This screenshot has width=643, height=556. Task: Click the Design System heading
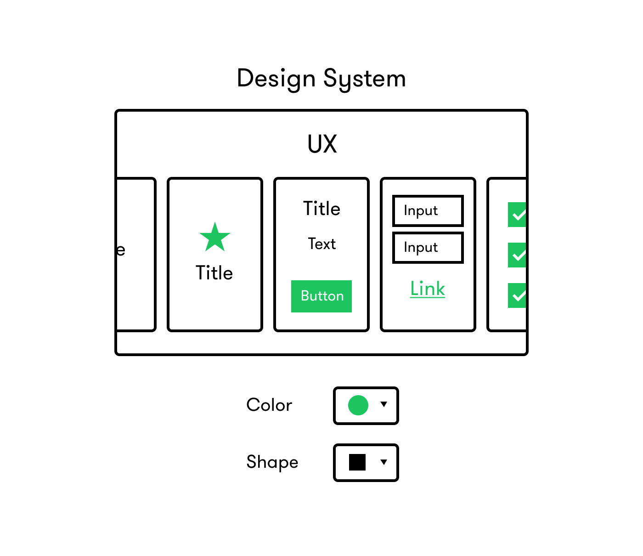321,79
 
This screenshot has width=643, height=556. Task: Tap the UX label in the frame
322,144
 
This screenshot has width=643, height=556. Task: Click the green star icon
215,238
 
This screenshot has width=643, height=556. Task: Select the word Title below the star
214,273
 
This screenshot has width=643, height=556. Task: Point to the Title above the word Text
321,209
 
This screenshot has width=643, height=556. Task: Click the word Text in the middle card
321,244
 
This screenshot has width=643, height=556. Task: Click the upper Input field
428,211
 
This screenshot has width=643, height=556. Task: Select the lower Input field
428,248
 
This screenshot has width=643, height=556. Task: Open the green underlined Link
428,289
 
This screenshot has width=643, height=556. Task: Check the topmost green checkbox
517,215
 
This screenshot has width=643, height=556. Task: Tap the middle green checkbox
517,255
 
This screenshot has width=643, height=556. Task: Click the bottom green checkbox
517,295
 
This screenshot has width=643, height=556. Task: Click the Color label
269,405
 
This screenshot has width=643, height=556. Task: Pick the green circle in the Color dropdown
358,405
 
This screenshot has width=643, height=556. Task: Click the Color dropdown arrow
384,404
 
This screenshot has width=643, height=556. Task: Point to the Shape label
272,462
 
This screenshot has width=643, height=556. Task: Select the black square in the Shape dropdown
357,462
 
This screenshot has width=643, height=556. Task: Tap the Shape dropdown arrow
384,462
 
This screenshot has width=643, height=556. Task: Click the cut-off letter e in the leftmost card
121,250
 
